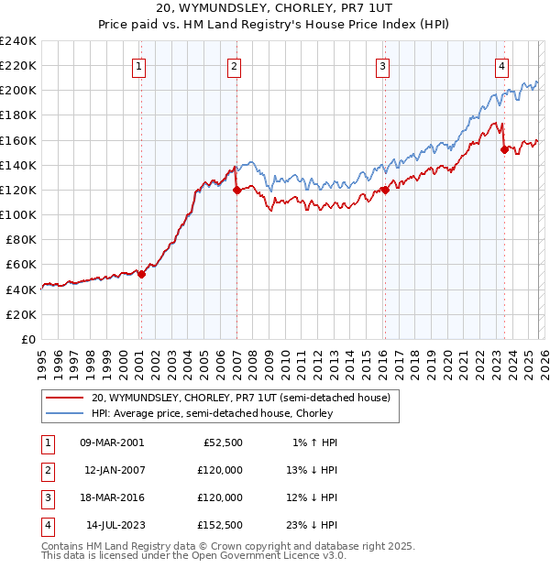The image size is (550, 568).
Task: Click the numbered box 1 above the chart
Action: [139, 65]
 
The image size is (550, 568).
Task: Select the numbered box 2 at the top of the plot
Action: [235, 65]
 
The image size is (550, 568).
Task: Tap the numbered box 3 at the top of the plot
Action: [382, 65]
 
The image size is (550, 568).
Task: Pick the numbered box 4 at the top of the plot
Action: [502, 65]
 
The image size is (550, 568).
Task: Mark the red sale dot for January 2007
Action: [236, 191]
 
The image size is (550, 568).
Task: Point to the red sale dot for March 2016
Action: [385, 191]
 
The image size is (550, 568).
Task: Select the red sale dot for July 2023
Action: [504, 150]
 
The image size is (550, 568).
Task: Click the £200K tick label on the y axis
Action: [17, 91]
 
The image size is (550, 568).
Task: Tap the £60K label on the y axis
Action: [20, 265]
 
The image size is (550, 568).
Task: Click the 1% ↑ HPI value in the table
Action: [314, 442]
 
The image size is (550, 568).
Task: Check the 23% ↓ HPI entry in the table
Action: [312, 525]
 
